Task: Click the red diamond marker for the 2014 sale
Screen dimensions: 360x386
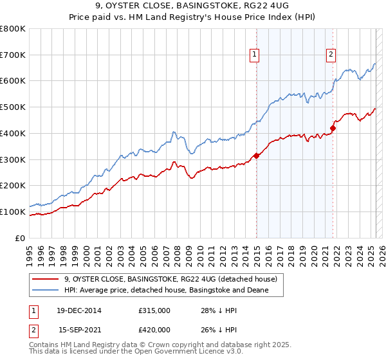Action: (x=256, y=155)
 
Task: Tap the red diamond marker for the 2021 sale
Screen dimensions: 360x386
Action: (x=333, y=128)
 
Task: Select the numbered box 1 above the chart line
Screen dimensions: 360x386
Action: (x=255, y=55)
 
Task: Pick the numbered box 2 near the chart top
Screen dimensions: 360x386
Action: (x=331, y=55)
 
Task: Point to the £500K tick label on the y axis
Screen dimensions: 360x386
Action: (x=14, y=107)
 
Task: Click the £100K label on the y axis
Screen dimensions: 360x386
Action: (x=14, y=212)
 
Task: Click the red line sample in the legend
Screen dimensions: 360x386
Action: (x=45, y=279)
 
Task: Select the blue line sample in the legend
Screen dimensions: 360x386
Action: (x=45, y=291)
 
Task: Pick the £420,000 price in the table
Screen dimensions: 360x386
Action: (x=154, y=329)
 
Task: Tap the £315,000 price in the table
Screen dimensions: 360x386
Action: (x=154, y=310)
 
